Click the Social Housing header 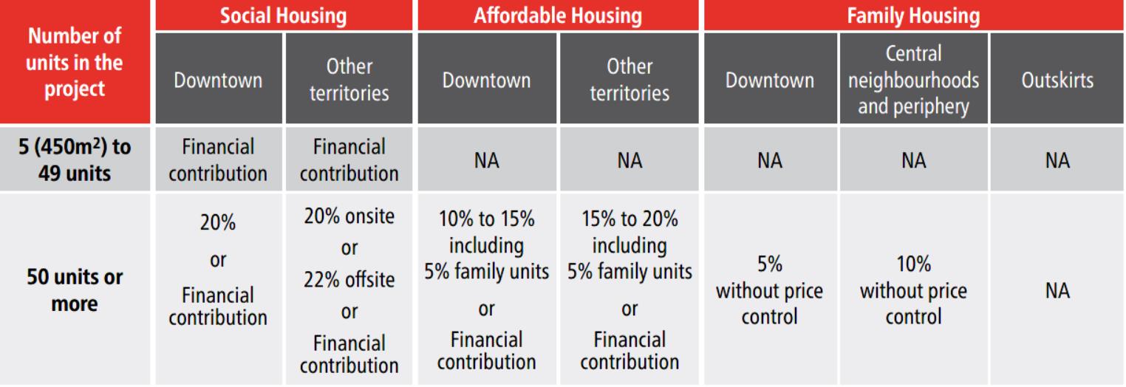[x=284, y=15]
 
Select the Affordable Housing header [x=559, y=15]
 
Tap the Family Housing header [x=912, y=15]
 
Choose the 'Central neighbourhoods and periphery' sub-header [x=914, y=80]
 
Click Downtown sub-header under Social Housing [x=218, y=80]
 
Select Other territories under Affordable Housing [x=629, y=80]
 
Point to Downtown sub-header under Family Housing [x=770, y=80]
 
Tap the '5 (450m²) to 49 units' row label [x=76, y=160]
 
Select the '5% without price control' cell [x=770, y=290]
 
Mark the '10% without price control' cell [x=914, y=290]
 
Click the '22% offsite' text [x=349, y=281]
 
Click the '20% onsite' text [x=349, y=219]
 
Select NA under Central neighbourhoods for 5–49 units [x=914, y=160]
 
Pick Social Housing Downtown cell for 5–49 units [x=218, y=160]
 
